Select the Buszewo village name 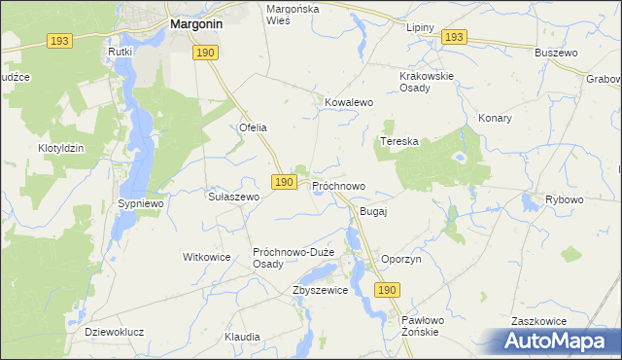(556, 53)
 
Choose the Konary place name (495, 118)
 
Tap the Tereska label (399, 141)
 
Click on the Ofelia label (253, 127)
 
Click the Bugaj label (374, 211)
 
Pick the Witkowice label (206, 257)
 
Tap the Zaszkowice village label (539, 320)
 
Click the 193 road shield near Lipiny (453, 37)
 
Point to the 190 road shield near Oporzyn (387, 290)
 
